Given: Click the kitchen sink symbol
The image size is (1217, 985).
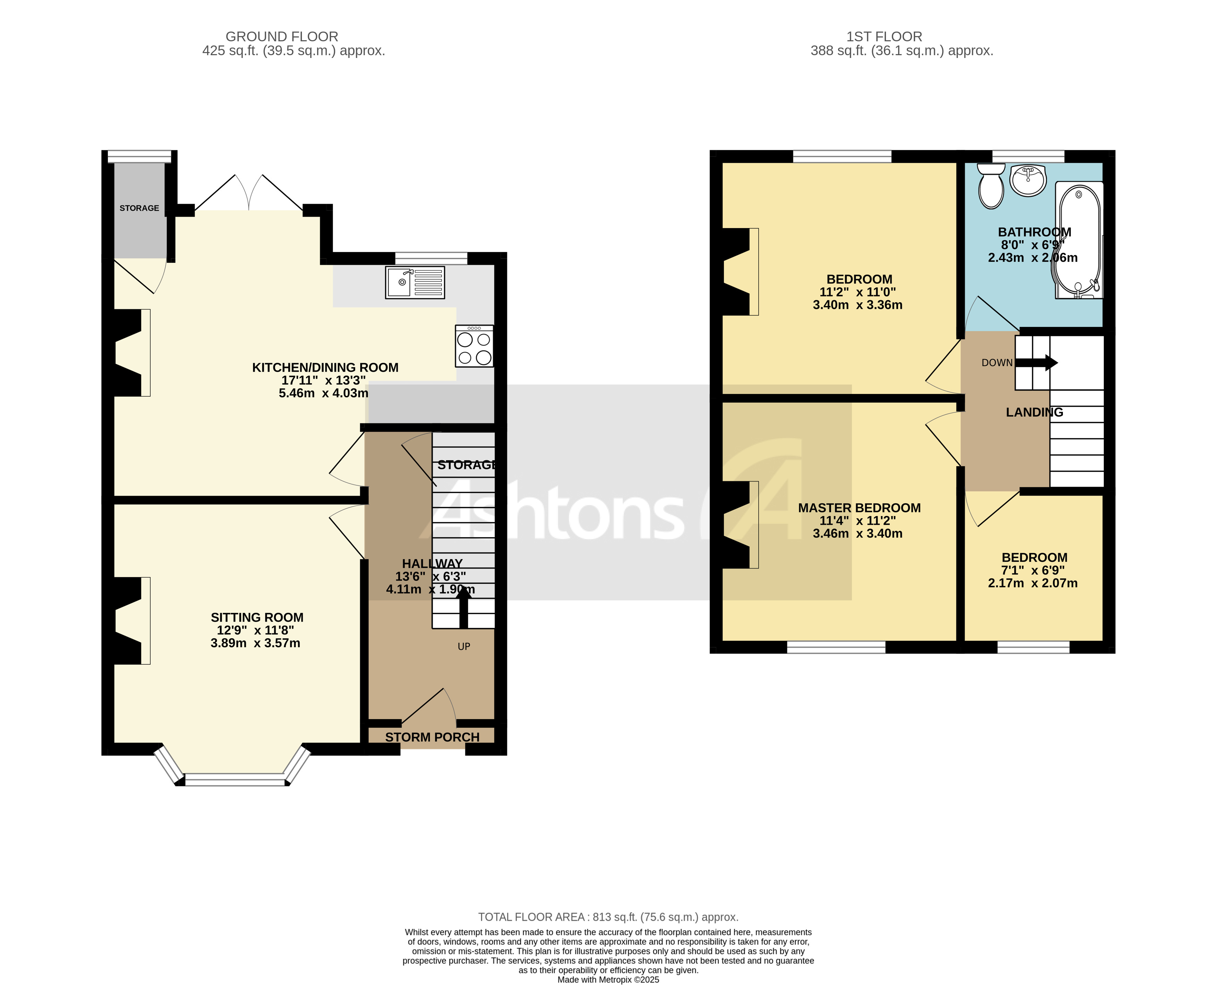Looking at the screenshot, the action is click(415, 282).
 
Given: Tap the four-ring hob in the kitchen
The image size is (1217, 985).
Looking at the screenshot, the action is click(474, 346).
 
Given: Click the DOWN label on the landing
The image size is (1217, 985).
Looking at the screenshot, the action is click(997, 363).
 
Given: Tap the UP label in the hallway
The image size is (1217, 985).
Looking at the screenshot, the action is click(464, 646).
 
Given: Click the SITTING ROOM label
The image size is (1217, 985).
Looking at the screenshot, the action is click(257, 617).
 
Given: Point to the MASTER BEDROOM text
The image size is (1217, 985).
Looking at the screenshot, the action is click(859, 508).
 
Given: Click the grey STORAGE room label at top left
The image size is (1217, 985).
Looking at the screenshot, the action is click(139, 208).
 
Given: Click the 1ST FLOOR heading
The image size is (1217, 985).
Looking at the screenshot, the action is click(884, 36).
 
